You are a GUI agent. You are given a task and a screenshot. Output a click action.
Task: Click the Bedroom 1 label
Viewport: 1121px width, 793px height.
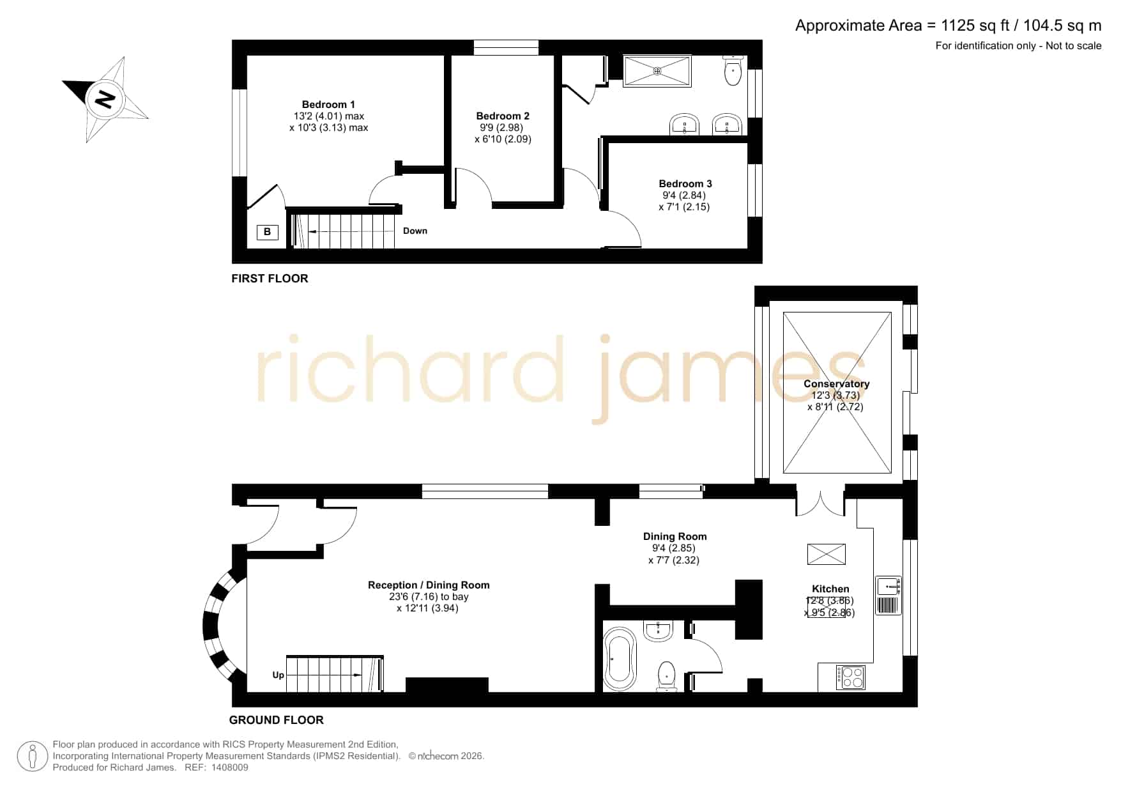tap(328, 105)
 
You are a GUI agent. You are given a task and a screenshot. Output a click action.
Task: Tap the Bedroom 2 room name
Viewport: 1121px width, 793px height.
tap(503, 116)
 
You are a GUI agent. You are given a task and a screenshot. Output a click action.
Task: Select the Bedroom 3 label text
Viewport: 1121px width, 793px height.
tap(685, 184)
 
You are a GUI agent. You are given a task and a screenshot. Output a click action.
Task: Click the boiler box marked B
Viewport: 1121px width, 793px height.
tap(267, 232)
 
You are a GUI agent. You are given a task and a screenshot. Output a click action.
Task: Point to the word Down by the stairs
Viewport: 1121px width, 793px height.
tap(415, 231)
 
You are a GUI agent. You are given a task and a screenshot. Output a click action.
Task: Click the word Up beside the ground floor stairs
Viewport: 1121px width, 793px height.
tap(278, 675)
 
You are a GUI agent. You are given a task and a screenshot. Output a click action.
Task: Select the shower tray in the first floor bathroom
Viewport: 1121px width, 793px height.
tap(657, 71)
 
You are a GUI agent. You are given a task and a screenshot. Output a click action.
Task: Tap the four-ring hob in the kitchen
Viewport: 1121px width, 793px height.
tap(851, 677)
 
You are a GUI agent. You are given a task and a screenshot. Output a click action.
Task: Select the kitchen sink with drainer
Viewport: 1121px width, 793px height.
tap(888, 596)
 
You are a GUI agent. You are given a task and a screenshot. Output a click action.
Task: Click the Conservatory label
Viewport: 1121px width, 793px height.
tap(836, 384)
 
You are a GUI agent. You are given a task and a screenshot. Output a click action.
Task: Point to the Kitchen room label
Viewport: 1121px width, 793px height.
tap(830, 589)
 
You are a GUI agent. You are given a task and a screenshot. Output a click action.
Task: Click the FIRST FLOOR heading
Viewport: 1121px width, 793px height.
tap(270, 279)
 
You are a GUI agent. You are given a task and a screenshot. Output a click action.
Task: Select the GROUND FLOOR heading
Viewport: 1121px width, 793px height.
tap(277, 720)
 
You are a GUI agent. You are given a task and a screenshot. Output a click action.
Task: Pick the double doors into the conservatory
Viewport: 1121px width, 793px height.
tap(821, 503)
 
